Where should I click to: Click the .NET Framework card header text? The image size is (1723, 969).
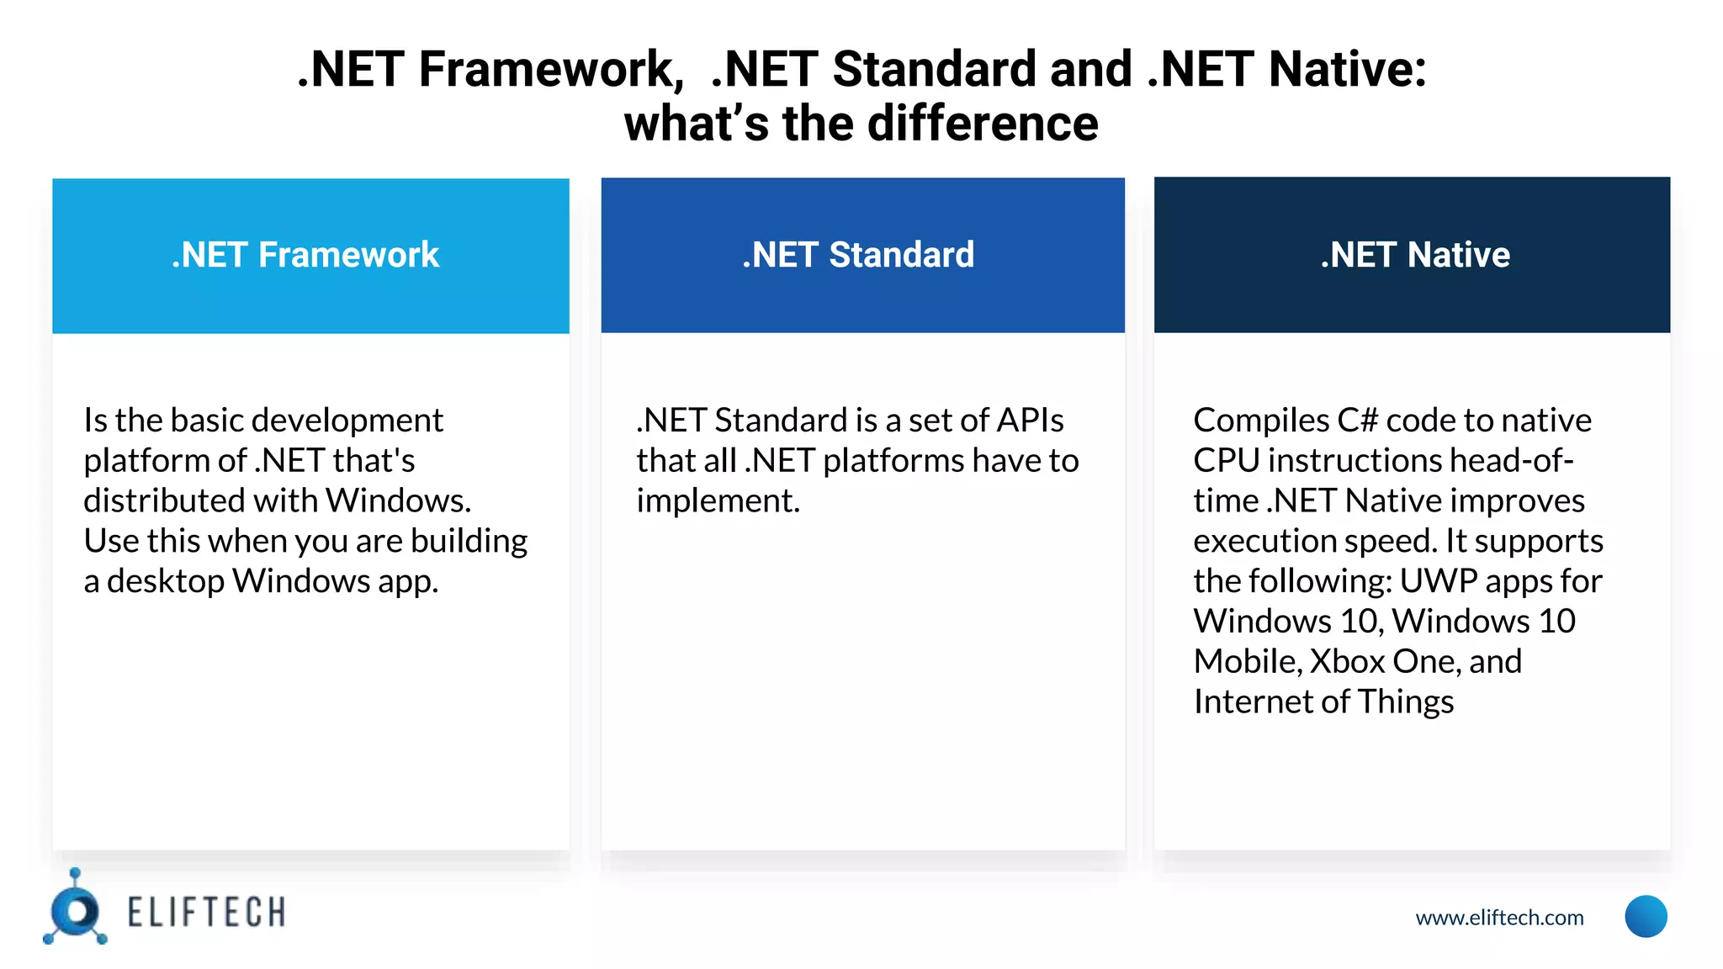[305, 255]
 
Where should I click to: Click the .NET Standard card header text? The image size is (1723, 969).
[858, 255]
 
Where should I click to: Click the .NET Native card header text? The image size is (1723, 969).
[1415, 255]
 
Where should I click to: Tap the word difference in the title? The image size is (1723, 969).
[982, 124]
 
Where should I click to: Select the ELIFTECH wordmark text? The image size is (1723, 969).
[206, 913]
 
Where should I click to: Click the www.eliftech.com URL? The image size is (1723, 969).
[1499, 918]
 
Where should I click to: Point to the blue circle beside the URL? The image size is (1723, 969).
[1646, 916]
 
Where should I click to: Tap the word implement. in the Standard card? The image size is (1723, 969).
[718, 501]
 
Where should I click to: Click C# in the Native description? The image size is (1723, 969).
[1357, 421]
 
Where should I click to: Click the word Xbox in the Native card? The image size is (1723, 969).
[1347, 662]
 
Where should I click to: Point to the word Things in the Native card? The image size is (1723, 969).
[1405, 702]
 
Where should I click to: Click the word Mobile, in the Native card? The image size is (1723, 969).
[1248, 662]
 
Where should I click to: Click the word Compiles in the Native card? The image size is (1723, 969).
[1261, 421]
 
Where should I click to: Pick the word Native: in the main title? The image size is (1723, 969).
[1347, 69]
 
